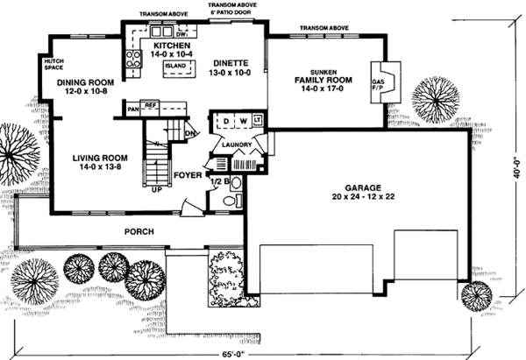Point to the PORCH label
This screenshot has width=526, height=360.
point(139,231)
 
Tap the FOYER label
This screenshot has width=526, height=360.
point(187,174)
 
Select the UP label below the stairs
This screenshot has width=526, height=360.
point(157,188)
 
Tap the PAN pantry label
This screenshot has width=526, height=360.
point(134,109)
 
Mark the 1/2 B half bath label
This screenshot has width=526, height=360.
point(219,182)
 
